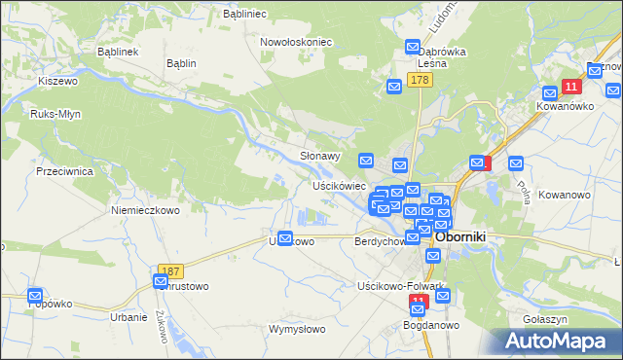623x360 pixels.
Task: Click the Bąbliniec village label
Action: (245, 16)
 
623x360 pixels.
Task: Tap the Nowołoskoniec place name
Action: (297, 42)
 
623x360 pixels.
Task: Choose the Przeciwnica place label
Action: (63, 169)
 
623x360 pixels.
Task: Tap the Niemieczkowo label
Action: (146, 209)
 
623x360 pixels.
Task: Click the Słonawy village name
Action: (319, 156)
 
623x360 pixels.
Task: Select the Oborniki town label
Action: (468, 235)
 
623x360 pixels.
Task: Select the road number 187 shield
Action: (170, 268)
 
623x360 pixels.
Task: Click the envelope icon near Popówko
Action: (36, 295)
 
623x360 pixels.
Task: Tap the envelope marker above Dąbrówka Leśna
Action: (413, 47)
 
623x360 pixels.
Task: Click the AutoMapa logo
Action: (560, 341)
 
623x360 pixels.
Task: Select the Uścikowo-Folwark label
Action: (401, 286)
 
